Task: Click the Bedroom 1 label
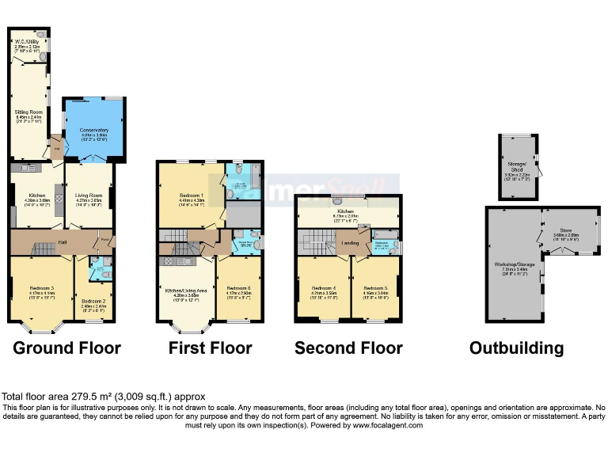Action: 192,195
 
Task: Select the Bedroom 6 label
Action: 238,288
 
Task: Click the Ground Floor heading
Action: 67,348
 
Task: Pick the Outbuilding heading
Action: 516,348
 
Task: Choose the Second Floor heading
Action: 348,348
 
